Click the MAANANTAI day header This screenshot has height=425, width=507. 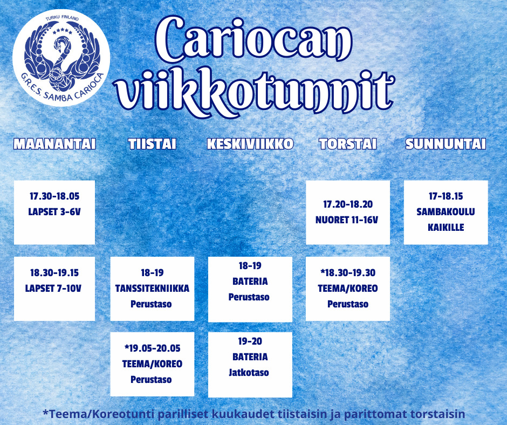click(54, 144)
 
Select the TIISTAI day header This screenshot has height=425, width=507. click(152, 144)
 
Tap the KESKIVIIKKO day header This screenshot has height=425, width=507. click(250, 144)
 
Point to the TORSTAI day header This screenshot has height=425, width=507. click(348, 144)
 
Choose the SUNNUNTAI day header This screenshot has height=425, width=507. click(446, 144)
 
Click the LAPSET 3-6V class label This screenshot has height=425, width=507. click(54, 212)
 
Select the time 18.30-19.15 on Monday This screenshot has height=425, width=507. click(54, 273)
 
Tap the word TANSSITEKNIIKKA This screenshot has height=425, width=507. click(152, 288)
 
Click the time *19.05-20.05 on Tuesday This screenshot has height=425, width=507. click(152, 348)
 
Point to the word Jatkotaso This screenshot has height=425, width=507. click(249, 373)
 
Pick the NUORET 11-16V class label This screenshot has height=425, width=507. click(347, 220)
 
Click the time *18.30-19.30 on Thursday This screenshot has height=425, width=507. click(348, 273)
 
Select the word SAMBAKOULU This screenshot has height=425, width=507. click(446, 212)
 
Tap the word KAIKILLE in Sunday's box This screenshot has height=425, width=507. click(446, 228)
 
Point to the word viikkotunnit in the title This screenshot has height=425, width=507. click(255, 92)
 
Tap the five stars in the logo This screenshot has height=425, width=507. click(63, 31)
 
